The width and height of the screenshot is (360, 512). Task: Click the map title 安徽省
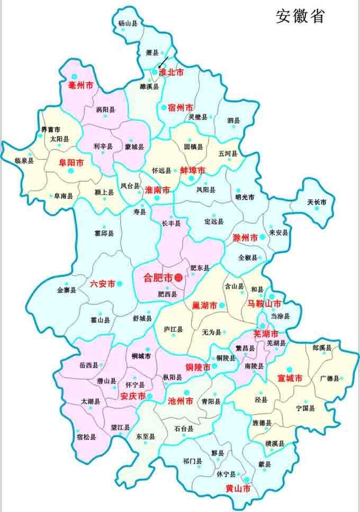(x=300, y=16)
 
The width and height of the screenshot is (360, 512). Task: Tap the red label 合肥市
(x=159, y=277)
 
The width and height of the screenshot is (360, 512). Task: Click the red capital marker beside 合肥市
(x=179, y=277)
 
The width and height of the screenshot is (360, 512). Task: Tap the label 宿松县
(x=86, y=437)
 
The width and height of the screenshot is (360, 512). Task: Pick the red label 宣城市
(x=290, y=379)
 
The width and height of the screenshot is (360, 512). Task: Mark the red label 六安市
(x=103, y=284)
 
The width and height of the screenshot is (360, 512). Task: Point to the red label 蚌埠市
(x=192, y=170)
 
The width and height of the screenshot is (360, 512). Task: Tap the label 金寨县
(x=67, y=290)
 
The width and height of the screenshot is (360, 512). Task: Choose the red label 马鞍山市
(x=265, y=304)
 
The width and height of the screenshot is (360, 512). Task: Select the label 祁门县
(x=192, y=461)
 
